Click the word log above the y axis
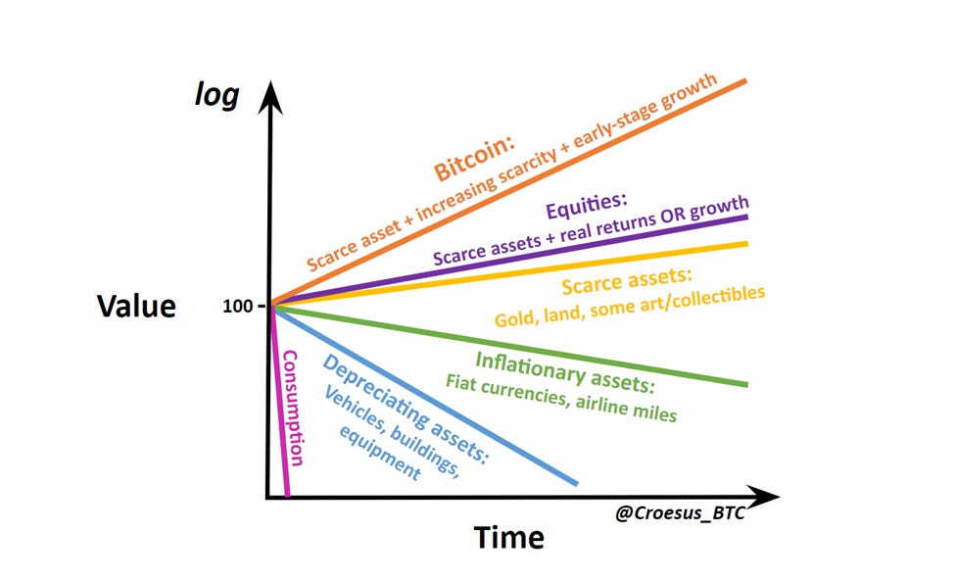216,97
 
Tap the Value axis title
136,306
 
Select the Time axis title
509,537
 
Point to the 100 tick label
238,306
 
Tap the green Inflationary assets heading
565,370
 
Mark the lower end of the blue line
576,482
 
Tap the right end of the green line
746,384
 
